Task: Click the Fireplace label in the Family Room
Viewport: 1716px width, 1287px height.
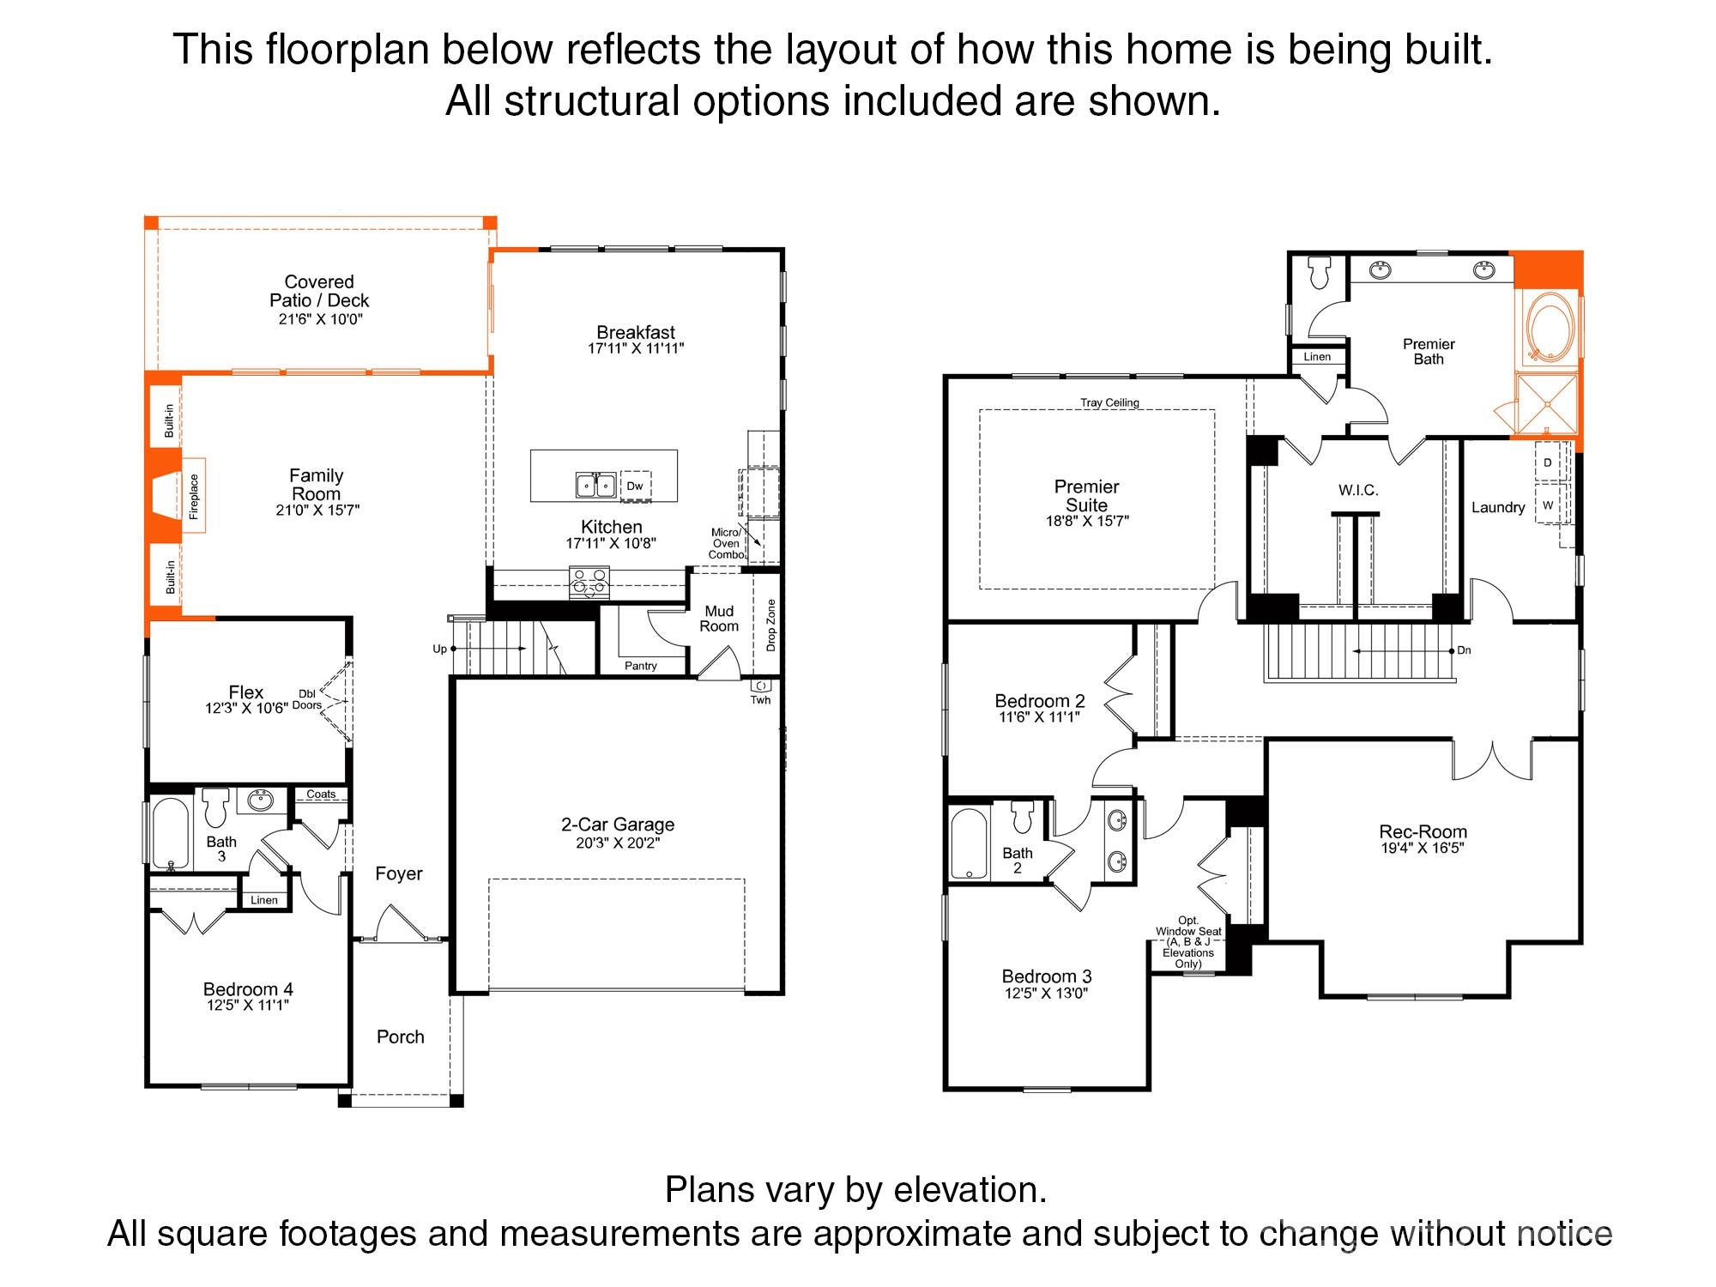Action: [x=194, y=497]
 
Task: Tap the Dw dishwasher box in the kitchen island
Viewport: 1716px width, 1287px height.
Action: [x=635, y=486]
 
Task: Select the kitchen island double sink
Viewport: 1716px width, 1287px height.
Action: [x=595, y=486]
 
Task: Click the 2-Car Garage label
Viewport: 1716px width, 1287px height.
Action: [x=618, y=825]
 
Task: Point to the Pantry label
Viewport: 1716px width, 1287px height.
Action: [x=641, y=666]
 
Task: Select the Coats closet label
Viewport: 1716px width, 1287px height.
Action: [x=322, y=795]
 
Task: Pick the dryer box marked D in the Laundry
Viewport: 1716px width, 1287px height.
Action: [x=1549, y=462]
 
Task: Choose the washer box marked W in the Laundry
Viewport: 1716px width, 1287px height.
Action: [x=1549, y=505]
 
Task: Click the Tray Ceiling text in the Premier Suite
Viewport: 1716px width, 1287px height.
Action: [x=1110, y=402]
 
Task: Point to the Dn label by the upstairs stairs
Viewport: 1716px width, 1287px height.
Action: [x=1464, y=650]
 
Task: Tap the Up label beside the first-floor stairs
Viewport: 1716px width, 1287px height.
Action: [x=439, y=650]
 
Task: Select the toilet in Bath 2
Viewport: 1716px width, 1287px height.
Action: [x=1022, y=818]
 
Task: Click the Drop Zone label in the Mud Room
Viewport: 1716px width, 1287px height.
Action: [x=771, y=625]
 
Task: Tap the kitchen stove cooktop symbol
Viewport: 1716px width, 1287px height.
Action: [x=589, y=583]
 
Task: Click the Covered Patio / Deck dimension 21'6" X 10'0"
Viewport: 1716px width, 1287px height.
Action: [x=319, y=320]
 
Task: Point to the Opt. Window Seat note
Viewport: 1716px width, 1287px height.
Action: [x=1188, y=942]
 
